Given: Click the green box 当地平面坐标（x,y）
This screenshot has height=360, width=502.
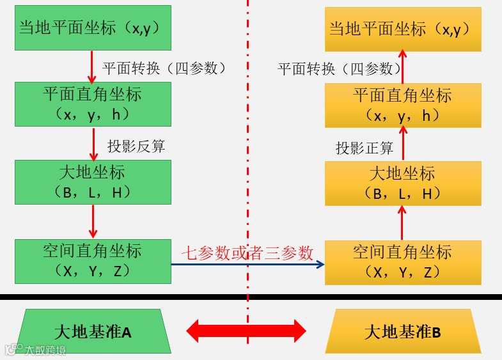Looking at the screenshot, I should pos(93,27).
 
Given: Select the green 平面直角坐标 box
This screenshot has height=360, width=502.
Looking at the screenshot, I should pos(93,104).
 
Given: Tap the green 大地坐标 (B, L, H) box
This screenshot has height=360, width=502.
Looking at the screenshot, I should pos(93,182).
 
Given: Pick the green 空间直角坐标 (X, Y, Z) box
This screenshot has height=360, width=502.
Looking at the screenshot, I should pos(93,261).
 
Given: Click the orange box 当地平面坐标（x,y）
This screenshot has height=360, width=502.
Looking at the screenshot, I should pos(403,29).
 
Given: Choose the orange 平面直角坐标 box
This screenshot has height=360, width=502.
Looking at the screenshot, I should pos(403,106).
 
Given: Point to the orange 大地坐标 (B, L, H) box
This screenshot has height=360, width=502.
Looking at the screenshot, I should pos(403,184).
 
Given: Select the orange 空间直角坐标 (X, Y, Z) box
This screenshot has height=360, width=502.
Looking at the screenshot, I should pos(403,262).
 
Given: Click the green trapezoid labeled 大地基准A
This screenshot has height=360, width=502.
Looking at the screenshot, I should pos(93,332).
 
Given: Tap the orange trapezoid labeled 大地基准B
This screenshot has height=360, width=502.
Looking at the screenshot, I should pos(403,332).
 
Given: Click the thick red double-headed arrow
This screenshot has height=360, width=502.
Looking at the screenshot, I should pos(246,331).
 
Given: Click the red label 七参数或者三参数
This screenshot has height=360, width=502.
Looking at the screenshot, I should pos(247,253).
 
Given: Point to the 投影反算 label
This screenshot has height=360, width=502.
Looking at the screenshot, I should pos(136,146).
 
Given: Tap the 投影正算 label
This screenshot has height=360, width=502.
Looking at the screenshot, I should pos(365,148).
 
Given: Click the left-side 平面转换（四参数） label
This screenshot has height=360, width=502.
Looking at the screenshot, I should pos(164,68).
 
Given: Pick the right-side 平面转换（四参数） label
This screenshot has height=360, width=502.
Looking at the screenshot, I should pos(340,69).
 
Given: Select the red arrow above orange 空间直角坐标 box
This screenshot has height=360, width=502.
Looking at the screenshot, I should pos(403,223).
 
